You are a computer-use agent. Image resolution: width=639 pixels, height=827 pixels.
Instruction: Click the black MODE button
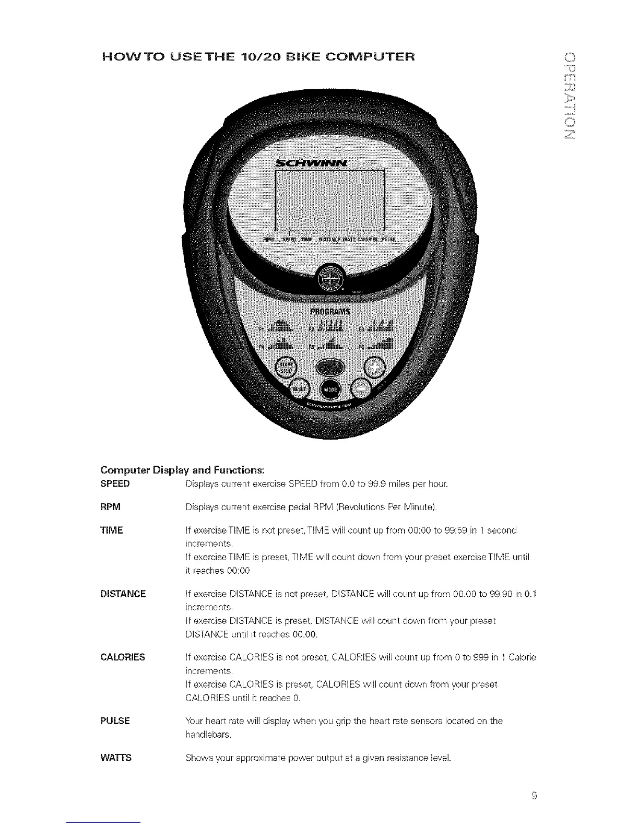[x=330, y=389]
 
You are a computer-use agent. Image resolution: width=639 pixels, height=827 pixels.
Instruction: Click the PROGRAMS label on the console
[x=330, y=312]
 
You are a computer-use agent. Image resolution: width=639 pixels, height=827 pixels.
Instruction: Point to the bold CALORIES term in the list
[x=123, y=657]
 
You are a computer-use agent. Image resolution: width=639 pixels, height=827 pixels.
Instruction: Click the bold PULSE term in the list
[x=115, y=721]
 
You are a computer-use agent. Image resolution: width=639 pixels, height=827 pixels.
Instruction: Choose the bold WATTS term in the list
[x=115, y=758]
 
